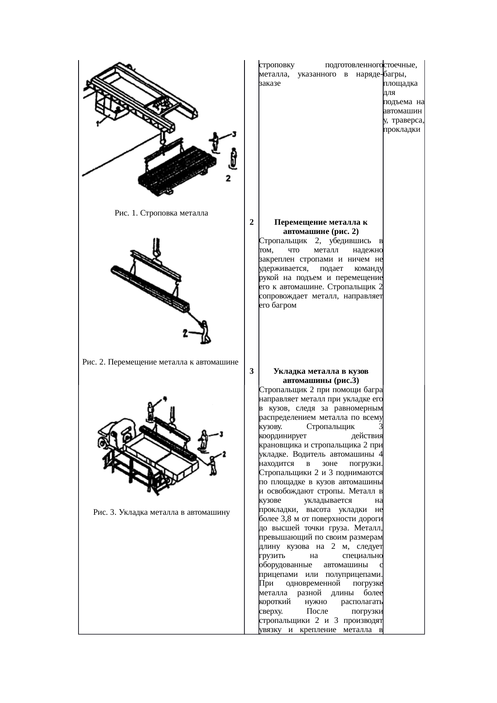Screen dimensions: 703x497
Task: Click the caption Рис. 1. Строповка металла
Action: (x=161, y=213)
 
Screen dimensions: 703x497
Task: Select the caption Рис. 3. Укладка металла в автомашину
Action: (x=161, y=512)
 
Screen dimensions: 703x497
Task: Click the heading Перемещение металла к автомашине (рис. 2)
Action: (x=321, y=227)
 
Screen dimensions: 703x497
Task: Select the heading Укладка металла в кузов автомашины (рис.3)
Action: (x=321, y=376)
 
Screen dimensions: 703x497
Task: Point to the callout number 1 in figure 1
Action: (x=97, y=124)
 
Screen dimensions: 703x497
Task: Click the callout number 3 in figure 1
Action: (x=234, y=134)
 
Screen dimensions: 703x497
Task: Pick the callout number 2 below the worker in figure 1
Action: (x=228, y=179)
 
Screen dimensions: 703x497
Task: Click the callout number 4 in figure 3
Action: (x=164, y=399)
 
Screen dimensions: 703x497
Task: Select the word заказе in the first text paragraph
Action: (x=270, y=83)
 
